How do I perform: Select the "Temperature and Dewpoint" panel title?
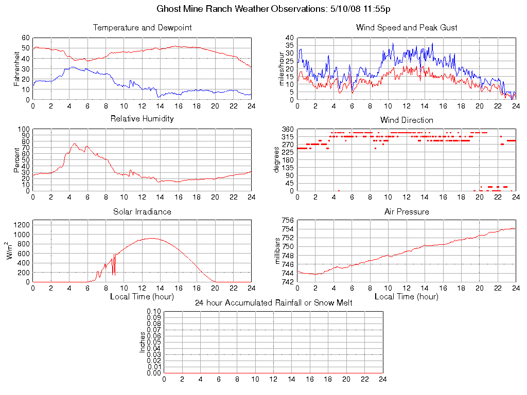(x=142, y=28)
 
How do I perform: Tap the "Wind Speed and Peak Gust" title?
(x=407, y=28)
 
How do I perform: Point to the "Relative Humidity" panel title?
(x=142, y=119)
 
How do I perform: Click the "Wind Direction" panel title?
(x=407, y=120)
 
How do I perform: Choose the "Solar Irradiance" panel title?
(x=142, y=211)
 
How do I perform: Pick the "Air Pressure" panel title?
(x=407, y=211)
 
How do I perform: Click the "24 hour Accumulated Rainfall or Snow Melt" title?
(x=273, y=303)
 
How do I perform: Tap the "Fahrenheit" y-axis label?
(x=17, y=68)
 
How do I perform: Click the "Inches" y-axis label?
(x=143, y=342)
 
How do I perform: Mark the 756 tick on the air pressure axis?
(x=287, y=220)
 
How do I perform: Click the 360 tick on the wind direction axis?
(x=287, y=129)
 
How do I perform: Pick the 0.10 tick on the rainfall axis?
(x=154, y=312)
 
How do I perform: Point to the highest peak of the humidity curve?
(x=75, y=144)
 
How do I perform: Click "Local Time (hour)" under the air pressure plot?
(x=407, y=297)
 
